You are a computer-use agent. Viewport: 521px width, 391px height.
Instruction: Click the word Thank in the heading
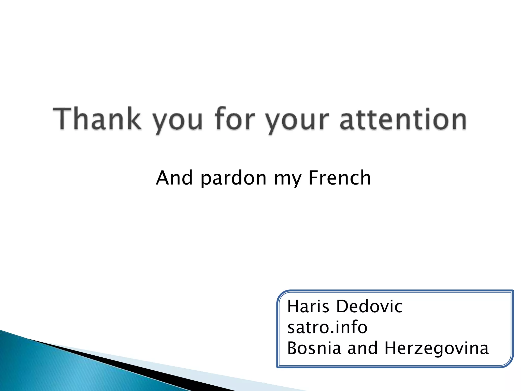click(97, 119)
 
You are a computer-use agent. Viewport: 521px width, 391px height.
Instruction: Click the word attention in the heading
click(403, 119)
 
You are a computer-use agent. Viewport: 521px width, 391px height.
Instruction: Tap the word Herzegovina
click(436, 349)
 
